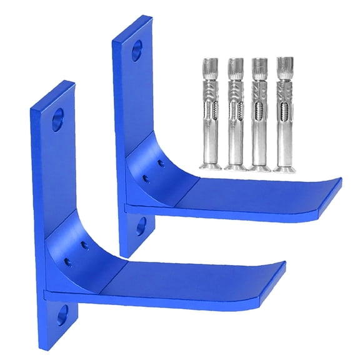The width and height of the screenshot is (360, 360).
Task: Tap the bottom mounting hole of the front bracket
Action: (62, 316)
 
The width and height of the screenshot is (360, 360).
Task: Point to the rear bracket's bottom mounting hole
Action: (140, 226)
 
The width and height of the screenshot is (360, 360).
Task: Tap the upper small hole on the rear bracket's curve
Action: (162, 164)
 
